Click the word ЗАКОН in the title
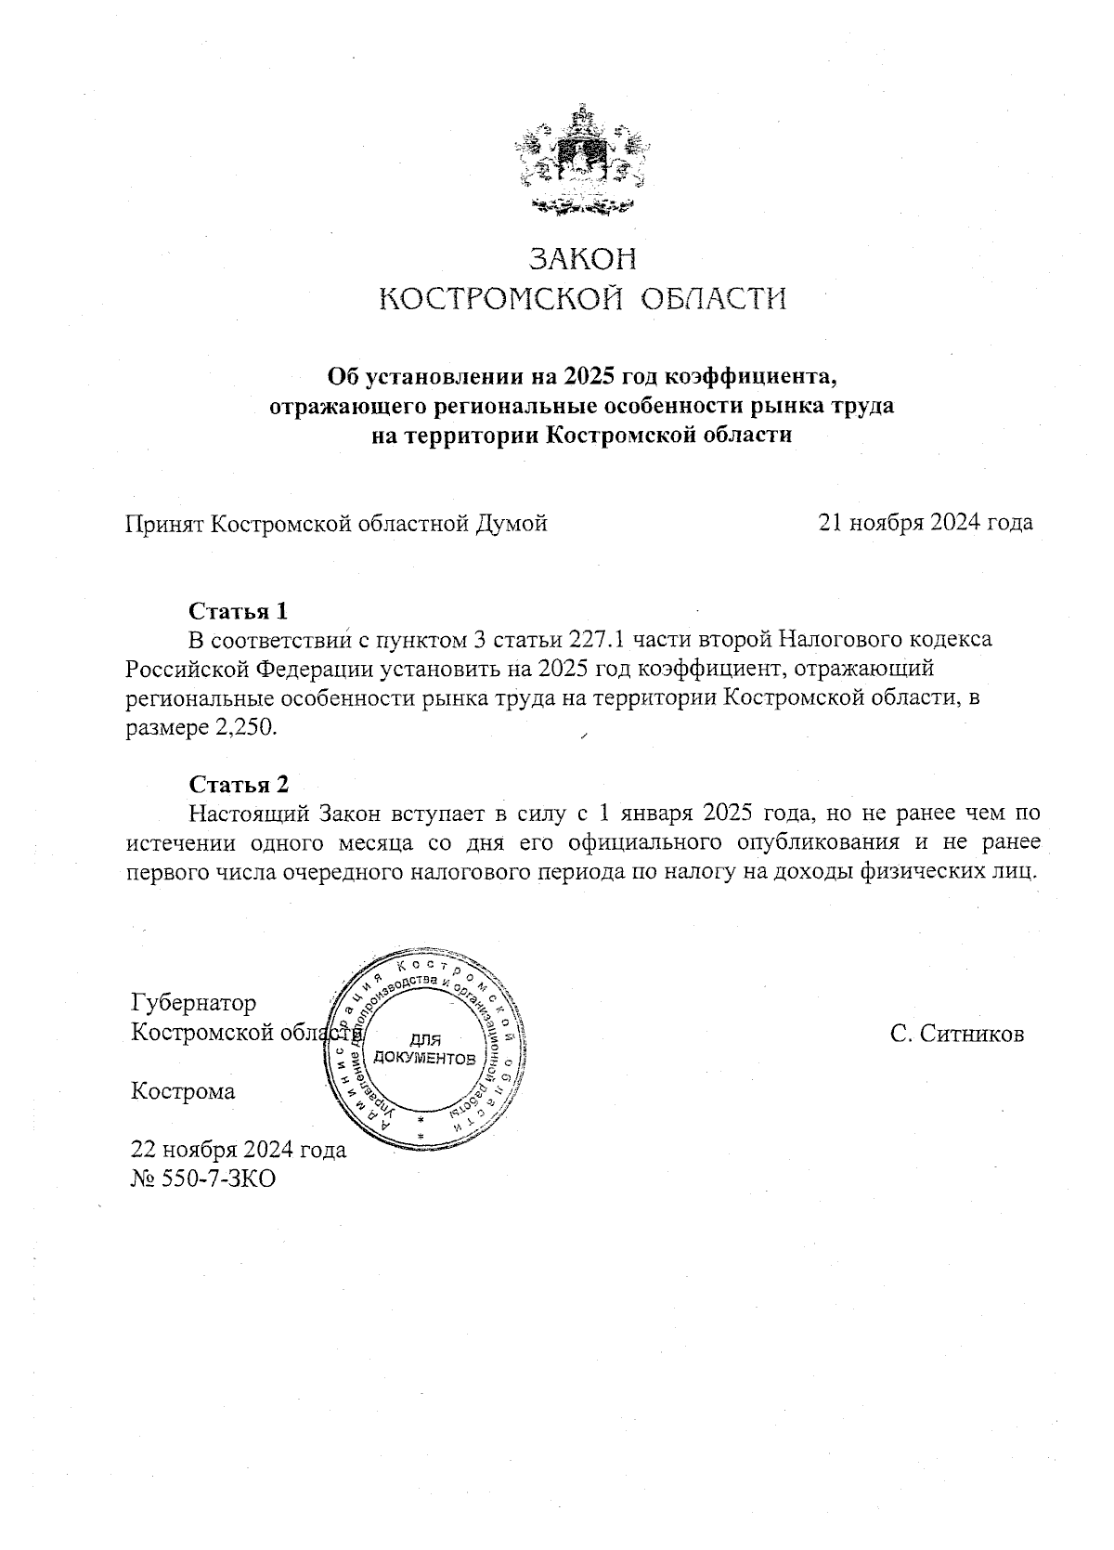click(x=583, y=257)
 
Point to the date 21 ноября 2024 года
click(x=925, y=523)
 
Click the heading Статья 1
click(x=239, y=611)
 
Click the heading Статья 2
click(x=239, y=784)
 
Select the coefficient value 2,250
click(x=247, y=728)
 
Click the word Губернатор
click(x=194, y=1003)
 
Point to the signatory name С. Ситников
click(x=956, y=1034)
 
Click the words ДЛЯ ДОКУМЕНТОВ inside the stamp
click(x=424, y=1049)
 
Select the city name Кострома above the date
click(x=183, y=1091)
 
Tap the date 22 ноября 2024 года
click(x=239, y=1150)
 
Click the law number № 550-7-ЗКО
click(x=203, y=1179)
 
